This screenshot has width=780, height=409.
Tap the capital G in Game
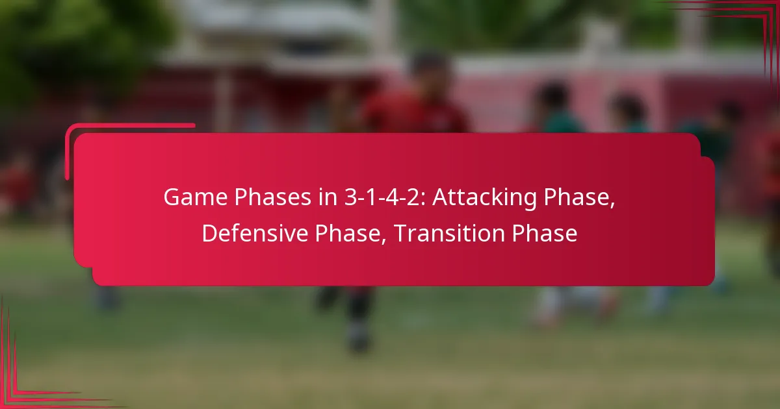tap(170, 197)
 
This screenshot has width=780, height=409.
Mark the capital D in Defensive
tap(209, 234)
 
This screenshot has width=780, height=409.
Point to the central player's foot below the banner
tap(358, 338)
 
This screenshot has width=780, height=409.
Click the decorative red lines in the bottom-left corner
tap(26, 383)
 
